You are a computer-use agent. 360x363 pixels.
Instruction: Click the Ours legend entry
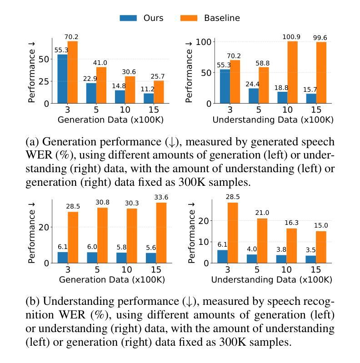click(141, 18)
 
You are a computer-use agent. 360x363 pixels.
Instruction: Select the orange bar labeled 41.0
click(101, 85)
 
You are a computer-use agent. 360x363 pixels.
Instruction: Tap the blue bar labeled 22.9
click(90, 93)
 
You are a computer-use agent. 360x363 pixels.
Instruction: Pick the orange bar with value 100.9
click(292, 72)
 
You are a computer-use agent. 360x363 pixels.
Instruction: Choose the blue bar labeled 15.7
click(310, 98)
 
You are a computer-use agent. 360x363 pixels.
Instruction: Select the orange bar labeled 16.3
click(291, 245)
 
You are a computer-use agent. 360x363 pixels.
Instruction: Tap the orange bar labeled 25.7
click(159, 92)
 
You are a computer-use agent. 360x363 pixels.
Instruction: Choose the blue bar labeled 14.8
click(120, 97)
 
